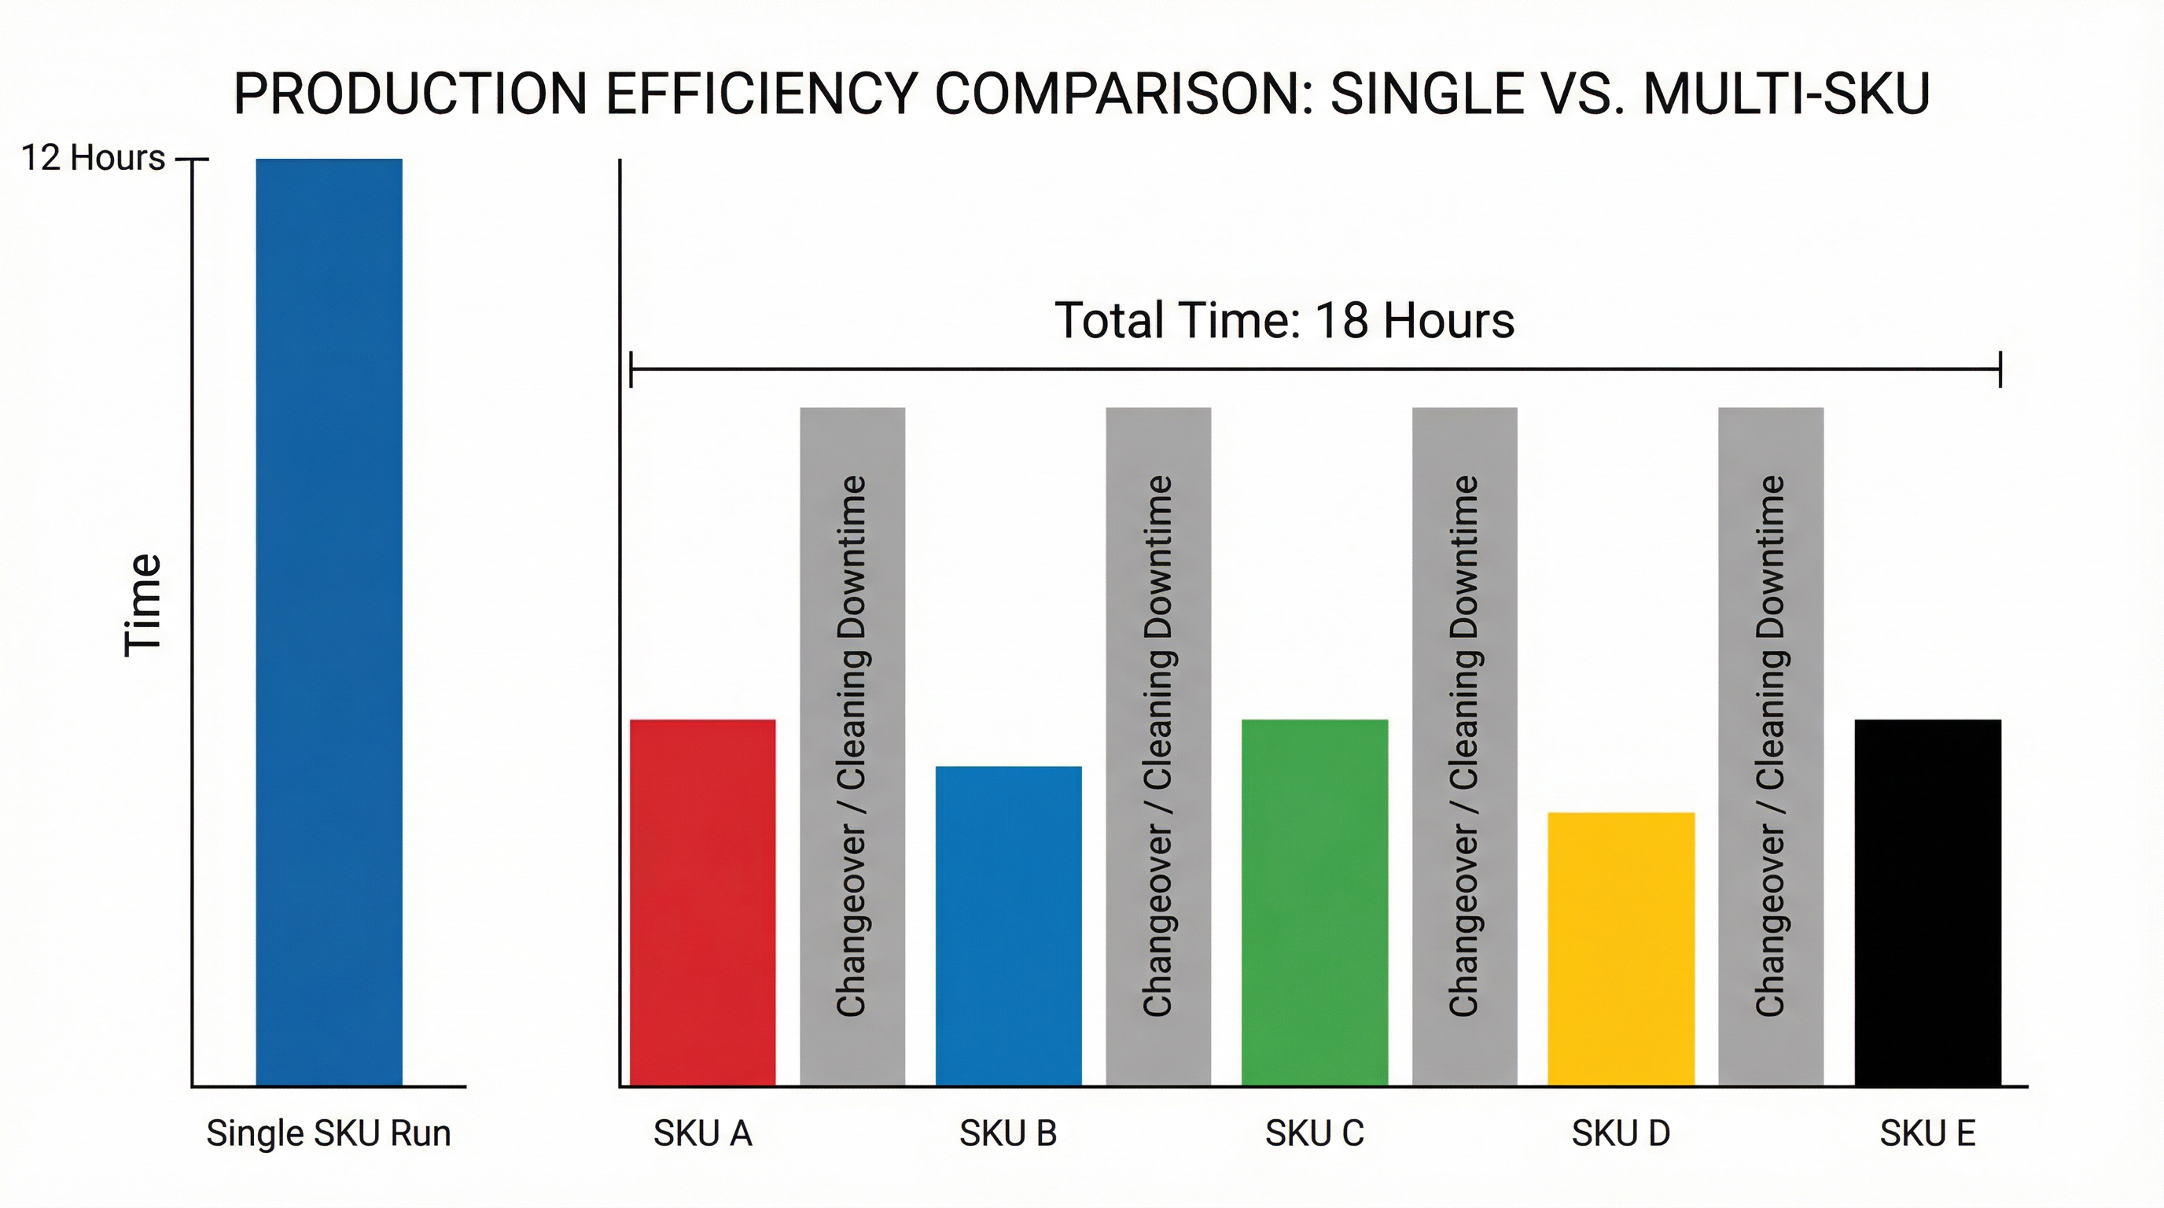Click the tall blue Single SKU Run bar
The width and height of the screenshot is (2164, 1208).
pyautogui.click(x=329, y=621)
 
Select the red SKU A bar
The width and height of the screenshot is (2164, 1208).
pyautogui.click(x=702, y=902)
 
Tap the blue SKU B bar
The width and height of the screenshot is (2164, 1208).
pyautogui.click(x=1008, y=926)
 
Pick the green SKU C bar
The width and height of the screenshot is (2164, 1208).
pyautogui.click(x=1314, y=902)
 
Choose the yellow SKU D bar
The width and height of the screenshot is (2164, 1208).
pyautogui.click(x=1621, y=948)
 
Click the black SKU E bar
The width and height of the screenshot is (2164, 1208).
pyautogui.click(x=1927, y=902)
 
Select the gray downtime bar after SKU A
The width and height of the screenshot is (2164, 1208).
pyautogui.click(x=852, y=746)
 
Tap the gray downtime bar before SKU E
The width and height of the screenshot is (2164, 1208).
pyautogui.click(x=1771, y=746)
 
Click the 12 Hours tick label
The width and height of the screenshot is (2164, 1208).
pyautogui.click(x=93, y=158)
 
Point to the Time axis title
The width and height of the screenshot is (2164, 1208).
pyautogui.click(x=143, y=605)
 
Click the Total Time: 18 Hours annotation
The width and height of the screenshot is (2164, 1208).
pyautogui.click(x=1283, y=320)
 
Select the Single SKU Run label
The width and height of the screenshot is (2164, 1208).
pyautogui.click(x=329, y=1133)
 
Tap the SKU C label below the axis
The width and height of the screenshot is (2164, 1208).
pyautogui.click(x=1315, y=1133)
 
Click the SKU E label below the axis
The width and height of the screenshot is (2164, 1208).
pyautogui.click(x=1927, y=1133)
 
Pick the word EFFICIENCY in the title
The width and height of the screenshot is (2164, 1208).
pyautogui.click(x=760, y=94)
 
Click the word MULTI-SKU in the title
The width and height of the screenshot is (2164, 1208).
pyautogui.click(x=1786, y=94)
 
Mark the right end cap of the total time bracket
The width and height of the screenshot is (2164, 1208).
pyautogui.click(x=2000, y=370)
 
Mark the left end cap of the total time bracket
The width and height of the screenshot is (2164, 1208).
pyautogui.click(x=631, y=370)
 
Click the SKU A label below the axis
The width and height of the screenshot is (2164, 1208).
pyautogui.click(x=702, y=1133)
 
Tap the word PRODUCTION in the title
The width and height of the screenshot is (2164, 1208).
pyautogui.click(x=410, y=94)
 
